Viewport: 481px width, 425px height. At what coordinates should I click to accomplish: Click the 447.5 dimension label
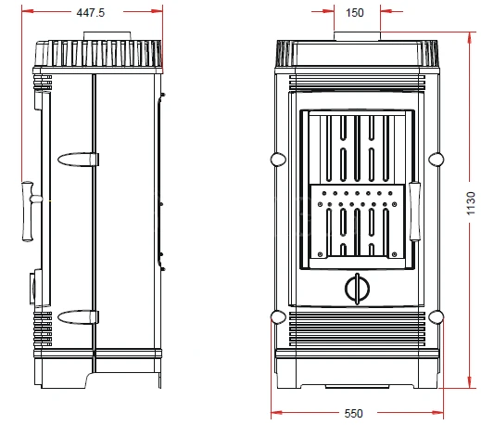(x=91, y=13)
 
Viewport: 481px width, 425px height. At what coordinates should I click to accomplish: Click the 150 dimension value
(x=355, y=13)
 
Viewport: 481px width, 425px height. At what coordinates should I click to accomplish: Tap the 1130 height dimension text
(x=471, y=203)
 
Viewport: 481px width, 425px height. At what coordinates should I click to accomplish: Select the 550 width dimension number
(x=354, y=413)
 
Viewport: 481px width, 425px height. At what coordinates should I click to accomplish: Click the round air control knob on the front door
(x=357, y=289)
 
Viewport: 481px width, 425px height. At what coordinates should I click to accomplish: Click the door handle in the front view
(x=414, y=212)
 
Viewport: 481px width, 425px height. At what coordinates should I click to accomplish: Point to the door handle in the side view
(x=30, y=212)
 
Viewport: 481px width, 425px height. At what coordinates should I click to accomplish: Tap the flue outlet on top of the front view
(x=357, y=36)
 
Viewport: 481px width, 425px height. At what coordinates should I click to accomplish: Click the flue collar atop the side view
(x=108, y=35)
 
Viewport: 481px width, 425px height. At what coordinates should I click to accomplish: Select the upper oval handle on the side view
(x=78, y=160)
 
